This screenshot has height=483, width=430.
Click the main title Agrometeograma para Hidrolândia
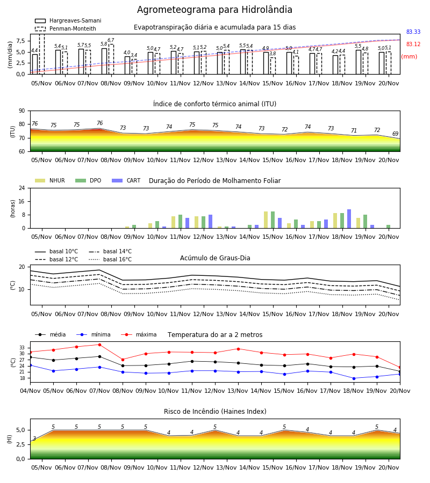tap(214, 10)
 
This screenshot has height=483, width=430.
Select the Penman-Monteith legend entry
tap(66, 28)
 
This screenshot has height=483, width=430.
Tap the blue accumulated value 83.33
tap(413, 32)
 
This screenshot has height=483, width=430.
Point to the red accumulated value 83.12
tap(413, 44)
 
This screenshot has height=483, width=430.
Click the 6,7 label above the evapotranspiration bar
tap(111, 40)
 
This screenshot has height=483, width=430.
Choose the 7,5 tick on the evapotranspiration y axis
tap(20, 41)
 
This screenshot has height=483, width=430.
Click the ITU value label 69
tap(395, 134)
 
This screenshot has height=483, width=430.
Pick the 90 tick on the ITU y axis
tap(22, 111)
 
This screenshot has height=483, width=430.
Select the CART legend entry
tap(126, 180)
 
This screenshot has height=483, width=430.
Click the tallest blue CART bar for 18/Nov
tap(349, 219)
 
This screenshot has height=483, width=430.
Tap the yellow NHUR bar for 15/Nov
tap(266, 220)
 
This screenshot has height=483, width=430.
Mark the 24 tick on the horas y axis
tap(22, 188)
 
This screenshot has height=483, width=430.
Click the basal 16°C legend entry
tap(110, 259)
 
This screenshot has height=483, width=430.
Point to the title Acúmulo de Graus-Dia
tap(215, 258)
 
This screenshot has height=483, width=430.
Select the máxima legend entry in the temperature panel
tap(139, 334)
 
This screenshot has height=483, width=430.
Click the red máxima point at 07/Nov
tap(99, 345)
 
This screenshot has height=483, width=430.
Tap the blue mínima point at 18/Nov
tap(354, 378)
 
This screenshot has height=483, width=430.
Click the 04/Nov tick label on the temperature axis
tap(30, 391)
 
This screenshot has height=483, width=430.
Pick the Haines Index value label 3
tap(34, 438)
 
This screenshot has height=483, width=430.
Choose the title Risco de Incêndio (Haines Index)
tap(215, 412)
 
